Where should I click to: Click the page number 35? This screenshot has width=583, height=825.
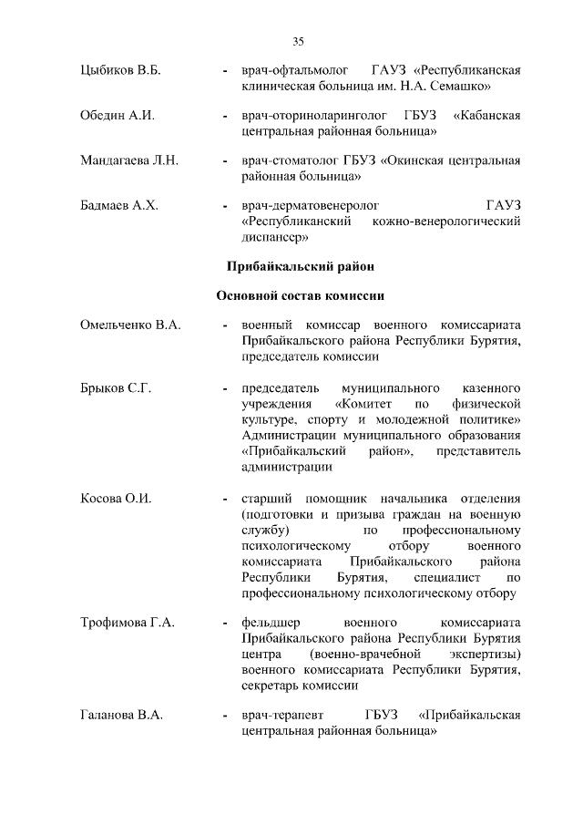coord(298,41)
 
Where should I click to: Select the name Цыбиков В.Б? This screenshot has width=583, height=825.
coord(120,70)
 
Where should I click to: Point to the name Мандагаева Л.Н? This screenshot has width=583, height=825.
coord(129,160)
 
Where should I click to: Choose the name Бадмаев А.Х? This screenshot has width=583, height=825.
coord(119,205)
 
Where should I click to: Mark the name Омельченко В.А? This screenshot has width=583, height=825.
coord(131,325)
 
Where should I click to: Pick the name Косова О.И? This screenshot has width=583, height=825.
coord(116,499)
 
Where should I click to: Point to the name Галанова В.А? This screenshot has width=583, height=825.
coord(122,716)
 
